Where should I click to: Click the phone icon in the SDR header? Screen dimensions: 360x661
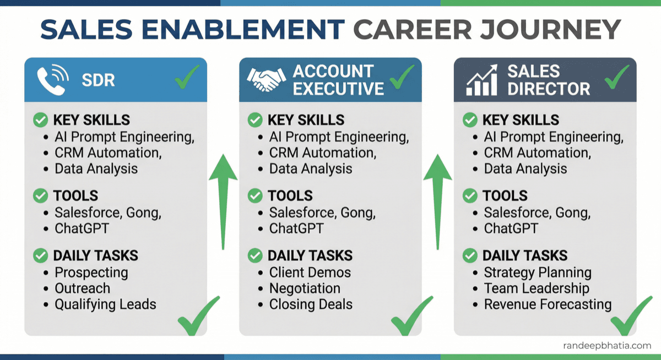(52, 80)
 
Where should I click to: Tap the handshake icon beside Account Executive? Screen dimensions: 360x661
(266, 80)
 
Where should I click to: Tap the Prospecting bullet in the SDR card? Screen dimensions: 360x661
(91, 272)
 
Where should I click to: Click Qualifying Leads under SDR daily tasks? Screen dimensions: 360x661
(105, 304)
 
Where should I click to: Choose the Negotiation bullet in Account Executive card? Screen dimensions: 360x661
(305, 288)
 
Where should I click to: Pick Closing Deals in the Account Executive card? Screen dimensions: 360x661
(311, 304)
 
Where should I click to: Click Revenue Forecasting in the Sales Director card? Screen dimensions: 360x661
(548, 304)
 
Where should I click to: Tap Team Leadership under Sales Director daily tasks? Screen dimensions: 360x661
(537, 288)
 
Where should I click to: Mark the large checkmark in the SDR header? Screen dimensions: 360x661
(187, 80)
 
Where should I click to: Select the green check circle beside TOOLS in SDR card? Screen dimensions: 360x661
(40, 195)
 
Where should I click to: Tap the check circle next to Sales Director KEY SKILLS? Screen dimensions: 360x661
(470, 120)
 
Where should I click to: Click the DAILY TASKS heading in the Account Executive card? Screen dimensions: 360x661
(310, 255)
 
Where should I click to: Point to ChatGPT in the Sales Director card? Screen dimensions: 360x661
(511, 228)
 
